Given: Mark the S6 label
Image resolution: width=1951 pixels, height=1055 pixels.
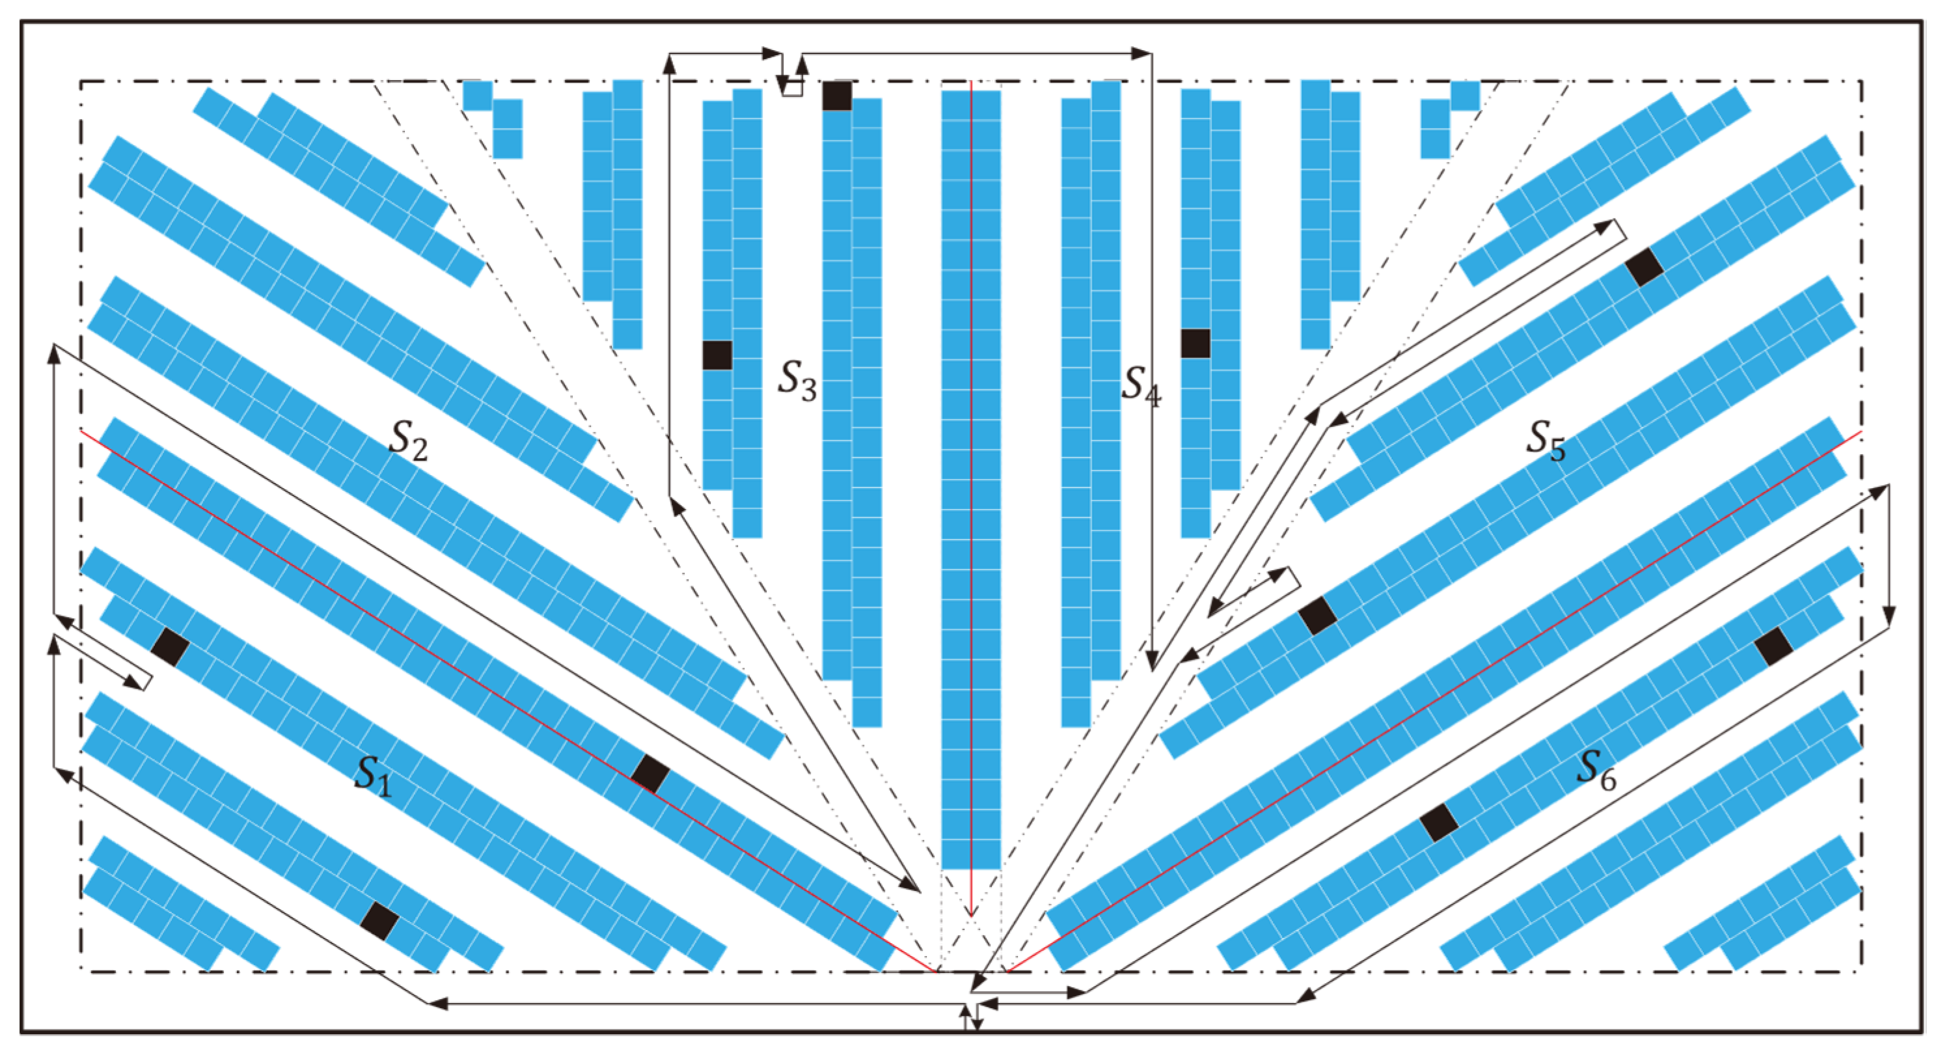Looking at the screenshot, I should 1596,769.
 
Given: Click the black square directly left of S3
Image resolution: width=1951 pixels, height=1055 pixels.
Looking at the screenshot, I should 716,355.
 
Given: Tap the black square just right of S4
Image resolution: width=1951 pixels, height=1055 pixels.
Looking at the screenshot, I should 1195,343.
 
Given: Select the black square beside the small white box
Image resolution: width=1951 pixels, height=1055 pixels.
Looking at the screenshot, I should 837,96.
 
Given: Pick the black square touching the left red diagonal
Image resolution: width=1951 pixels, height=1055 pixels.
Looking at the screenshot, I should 651,773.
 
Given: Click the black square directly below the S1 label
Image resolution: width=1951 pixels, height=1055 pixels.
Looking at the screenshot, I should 379,921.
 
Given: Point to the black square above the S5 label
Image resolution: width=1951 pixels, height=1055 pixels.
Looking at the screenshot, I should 1644,267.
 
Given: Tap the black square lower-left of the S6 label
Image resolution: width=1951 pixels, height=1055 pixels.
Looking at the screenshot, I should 1439,823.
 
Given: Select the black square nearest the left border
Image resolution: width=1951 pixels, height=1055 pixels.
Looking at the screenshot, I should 171,648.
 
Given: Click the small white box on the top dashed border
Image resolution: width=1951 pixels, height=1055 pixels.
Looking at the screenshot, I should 792,88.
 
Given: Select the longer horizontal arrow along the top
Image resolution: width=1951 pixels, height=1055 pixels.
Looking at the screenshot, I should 977,54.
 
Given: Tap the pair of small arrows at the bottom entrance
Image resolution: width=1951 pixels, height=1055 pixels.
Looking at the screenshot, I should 971,1018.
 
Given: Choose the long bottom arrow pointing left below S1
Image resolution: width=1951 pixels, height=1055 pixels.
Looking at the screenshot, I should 697,1004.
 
